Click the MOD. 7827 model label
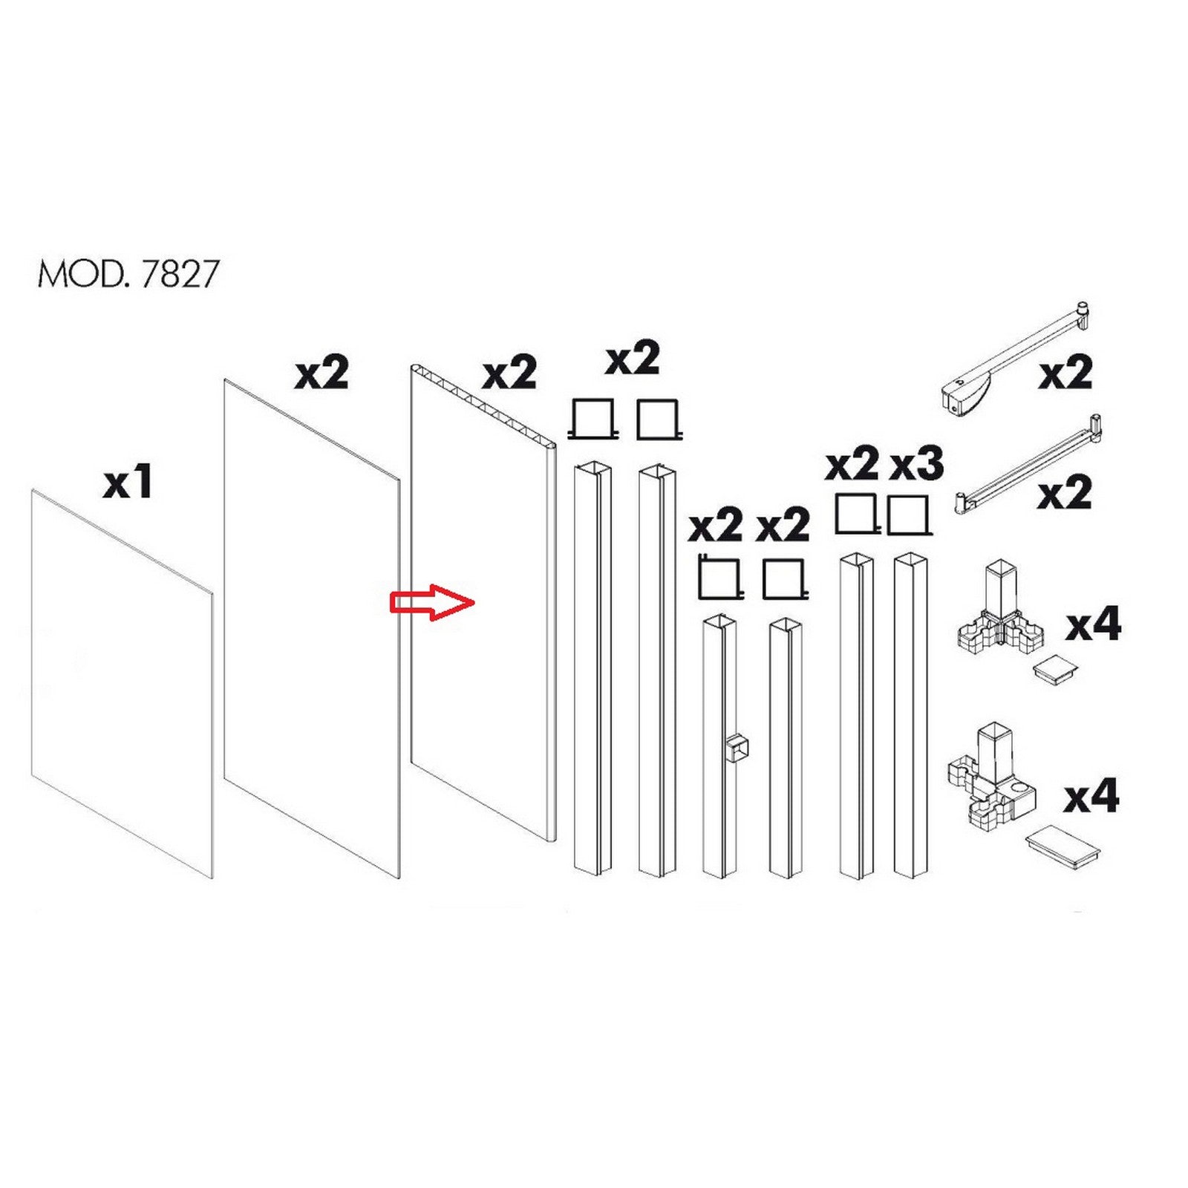pos(128,274)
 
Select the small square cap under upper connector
pos(1054,666)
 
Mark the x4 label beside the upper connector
pos(1093,624)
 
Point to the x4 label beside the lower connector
pos(1091,797)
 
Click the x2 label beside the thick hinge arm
pos(1065,373)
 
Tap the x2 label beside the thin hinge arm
pos(1065,492)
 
